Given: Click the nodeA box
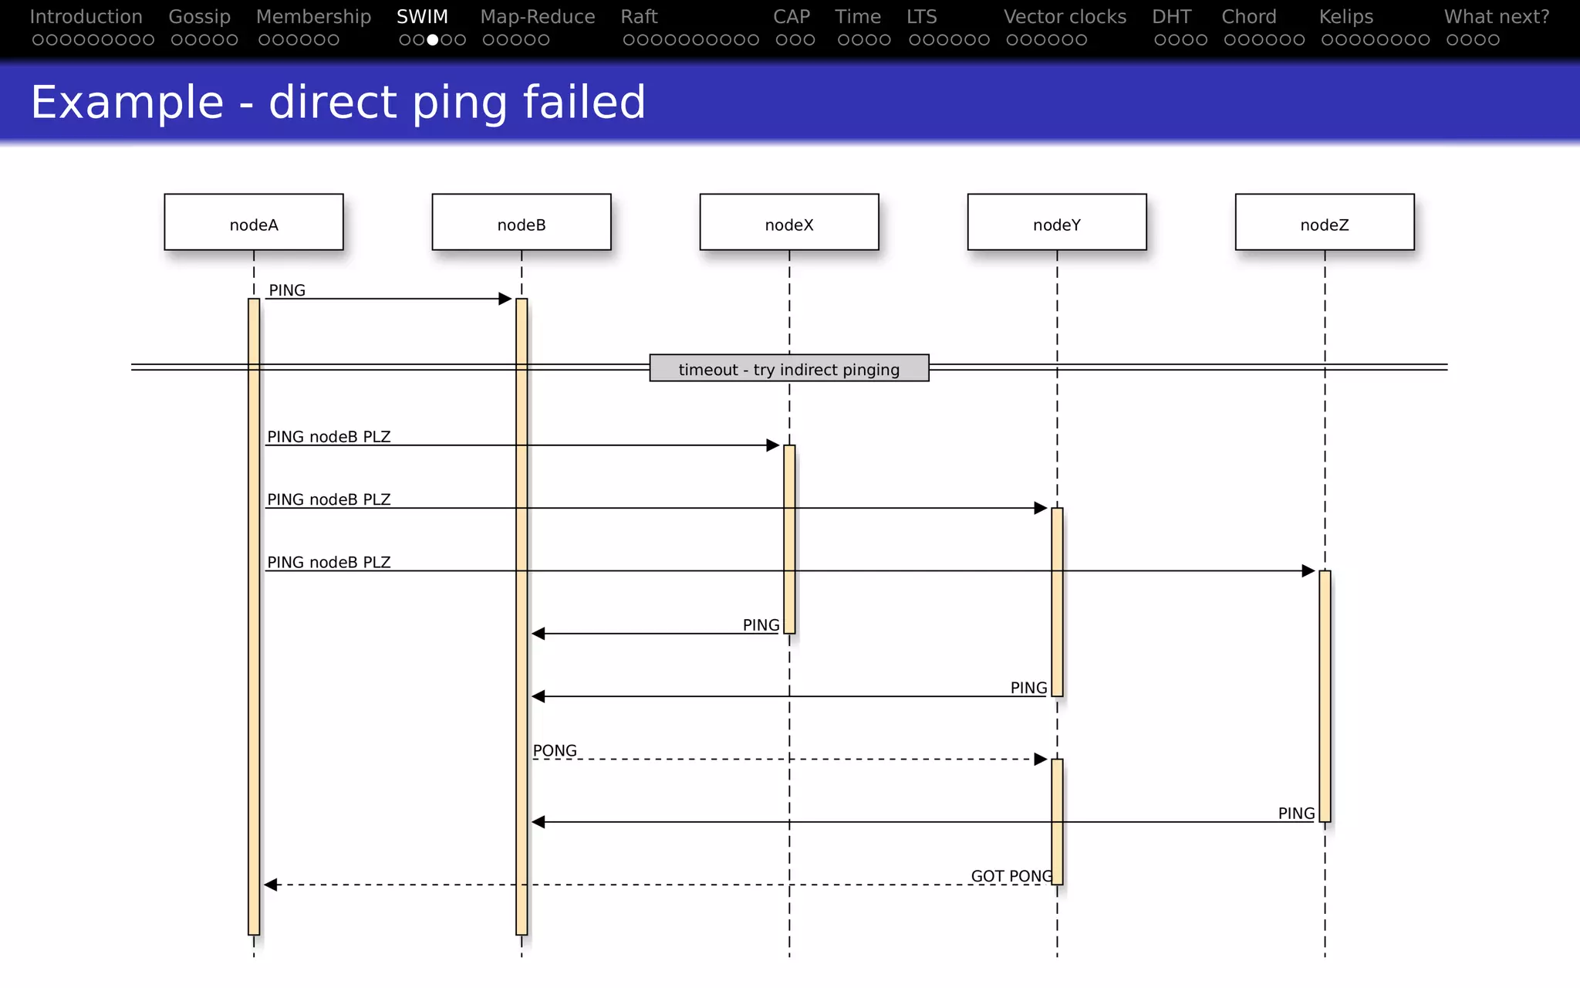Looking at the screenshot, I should (253, 222).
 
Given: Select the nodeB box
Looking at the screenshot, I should (521, 222).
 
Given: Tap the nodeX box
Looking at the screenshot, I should (788, 222).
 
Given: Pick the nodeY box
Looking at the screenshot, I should (1056, 222).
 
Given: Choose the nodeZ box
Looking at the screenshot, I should (1324, 222).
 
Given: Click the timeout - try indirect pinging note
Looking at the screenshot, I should (788, 368).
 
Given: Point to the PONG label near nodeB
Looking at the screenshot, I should (555, 750).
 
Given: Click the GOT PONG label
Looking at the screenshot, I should (1011, 876).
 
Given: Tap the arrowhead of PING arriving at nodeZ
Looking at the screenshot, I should (1308, 571).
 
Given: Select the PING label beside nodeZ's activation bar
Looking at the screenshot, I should (1295, 814).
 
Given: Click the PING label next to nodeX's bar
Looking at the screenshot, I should (761, 625).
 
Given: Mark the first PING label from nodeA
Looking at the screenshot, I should (287, 290).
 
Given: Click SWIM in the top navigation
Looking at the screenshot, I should (422, 17).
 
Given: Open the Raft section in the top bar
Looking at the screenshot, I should (639, 17).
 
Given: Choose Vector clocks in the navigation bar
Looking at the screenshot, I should (1065, 17).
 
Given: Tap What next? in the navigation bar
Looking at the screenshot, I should (1496, 17).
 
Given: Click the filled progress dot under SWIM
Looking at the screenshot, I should (433, 39).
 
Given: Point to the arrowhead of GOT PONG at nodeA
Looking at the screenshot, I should (271, 885).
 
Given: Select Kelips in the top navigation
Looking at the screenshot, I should (1345, 17).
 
